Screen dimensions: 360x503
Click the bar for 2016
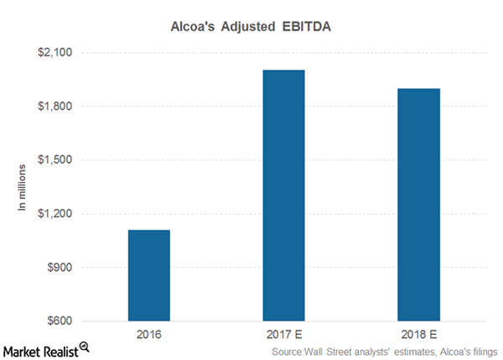click(149, 275)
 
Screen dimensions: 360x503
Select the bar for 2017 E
click(284, 196)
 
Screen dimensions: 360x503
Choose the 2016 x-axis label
click(149, 334)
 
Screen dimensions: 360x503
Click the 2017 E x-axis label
click(284, 334)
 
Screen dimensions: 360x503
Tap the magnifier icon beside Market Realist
click(85, 346)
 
